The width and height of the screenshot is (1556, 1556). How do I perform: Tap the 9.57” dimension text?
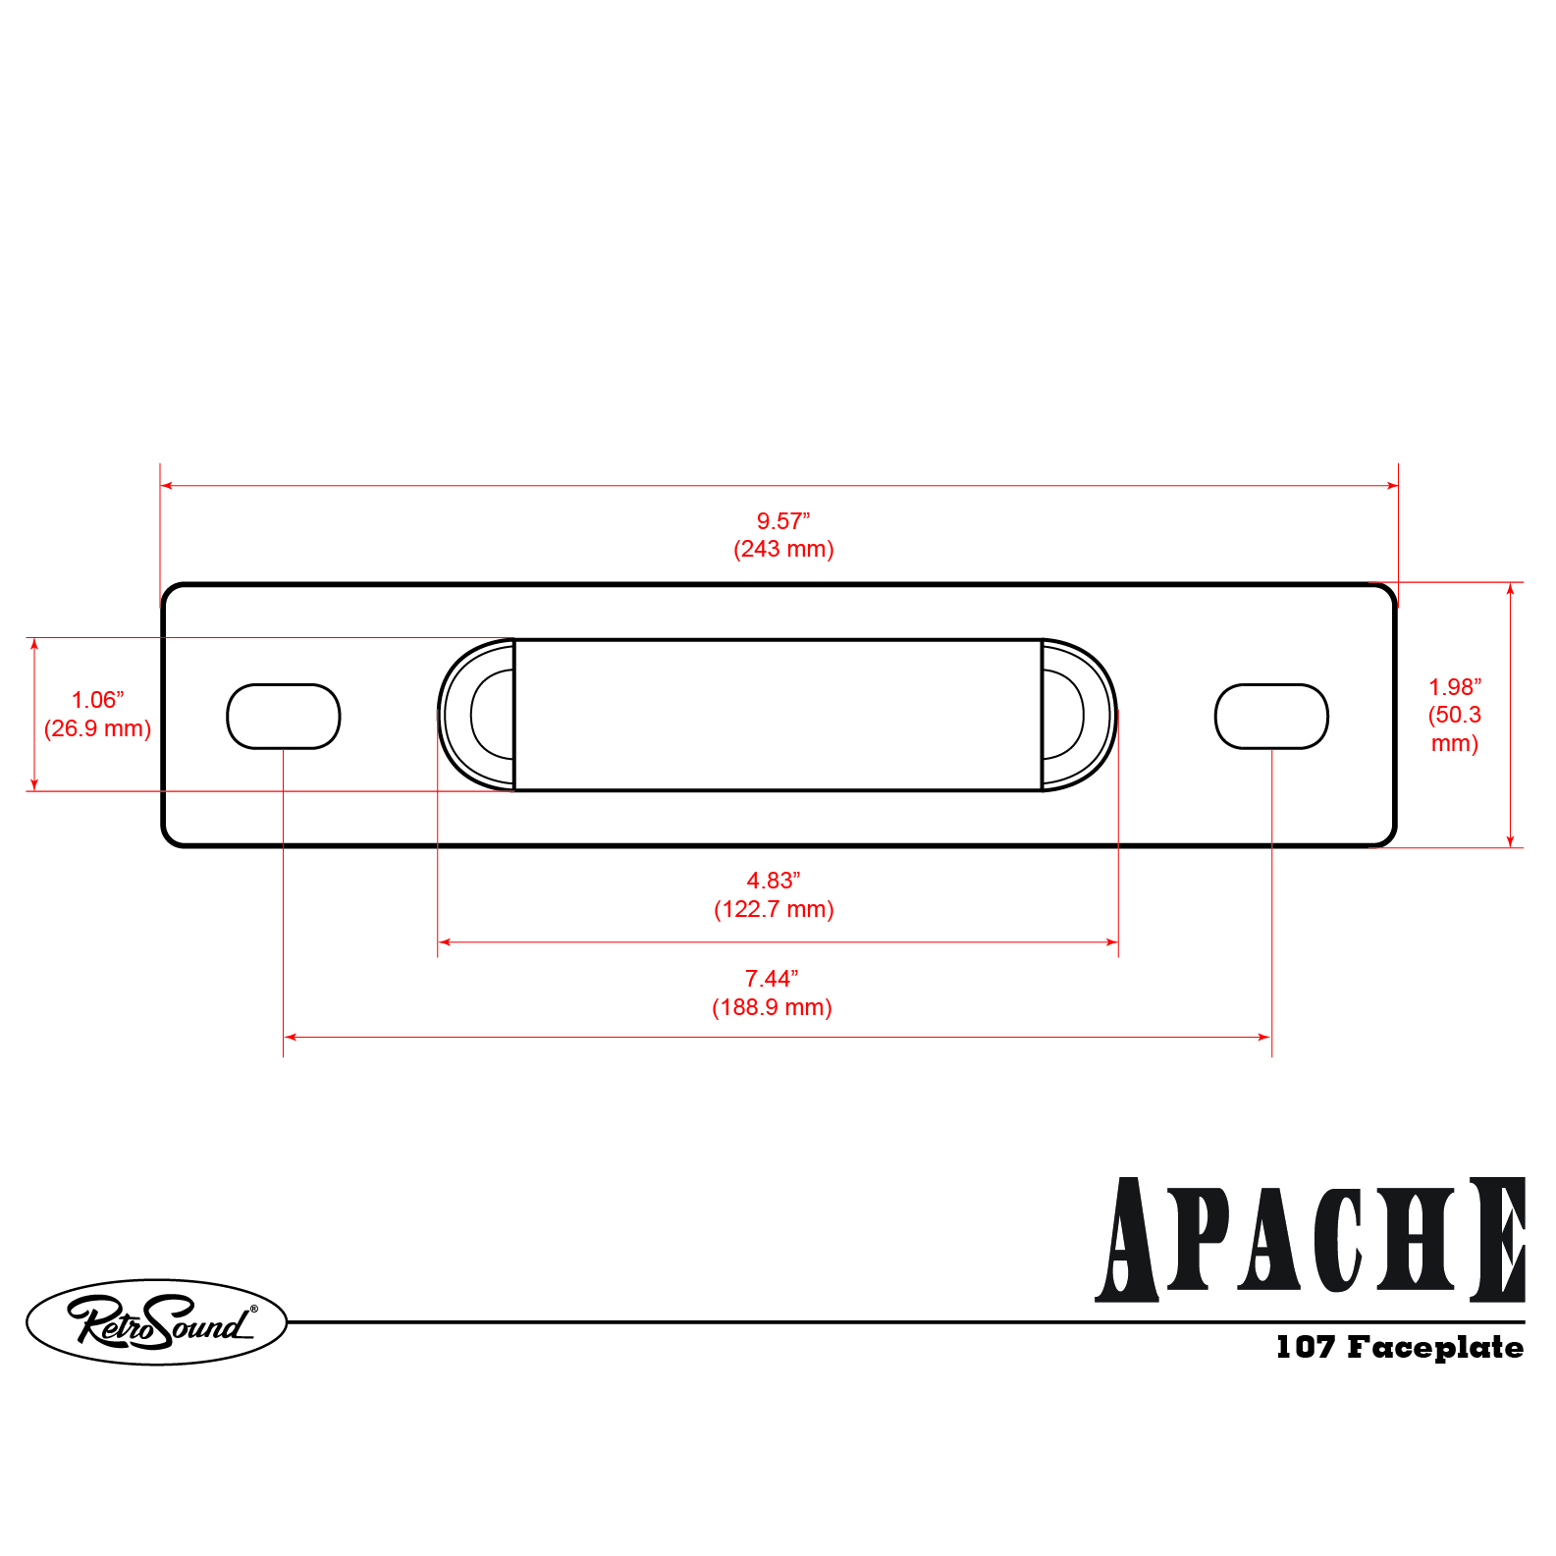(x=783, y=521)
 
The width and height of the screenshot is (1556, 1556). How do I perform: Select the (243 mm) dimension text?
(x=783, y=549)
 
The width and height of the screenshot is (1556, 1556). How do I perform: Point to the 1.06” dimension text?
(x=98, y=700)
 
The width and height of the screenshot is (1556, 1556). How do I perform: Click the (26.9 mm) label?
(x=98, y=728)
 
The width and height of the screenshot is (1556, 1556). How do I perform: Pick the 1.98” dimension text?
(x=1455, y=687)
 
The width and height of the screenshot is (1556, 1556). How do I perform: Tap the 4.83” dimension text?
(x=774, y=881)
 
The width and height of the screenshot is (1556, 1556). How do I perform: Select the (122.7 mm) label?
(x=774, y=909)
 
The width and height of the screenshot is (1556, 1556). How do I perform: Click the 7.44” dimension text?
(x=772, y=979)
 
